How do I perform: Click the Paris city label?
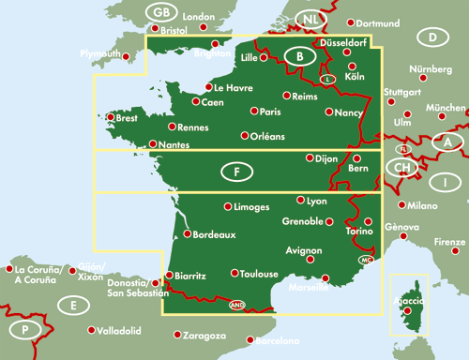(x=271, y=112)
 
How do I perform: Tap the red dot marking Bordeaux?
(x=187, y=234)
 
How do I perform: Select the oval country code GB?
(x=162, y=12)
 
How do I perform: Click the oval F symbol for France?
(x=236, y=172)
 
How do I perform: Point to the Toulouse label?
(x=260, y=274)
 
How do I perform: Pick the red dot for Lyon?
(x=300, y=201)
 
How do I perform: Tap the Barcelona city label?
(x=278, y=339)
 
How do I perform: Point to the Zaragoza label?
(x=204, y=336)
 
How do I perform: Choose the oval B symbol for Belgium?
(x=300, y=56)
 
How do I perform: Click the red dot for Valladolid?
(x=92, y=331)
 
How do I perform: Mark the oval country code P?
(x=25, y=330)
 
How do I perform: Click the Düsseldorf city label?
(x=343, y=42)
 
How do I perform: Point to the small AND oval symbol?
(x=236, y=303)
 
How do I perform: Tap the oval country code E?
(x=72, y=305)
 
